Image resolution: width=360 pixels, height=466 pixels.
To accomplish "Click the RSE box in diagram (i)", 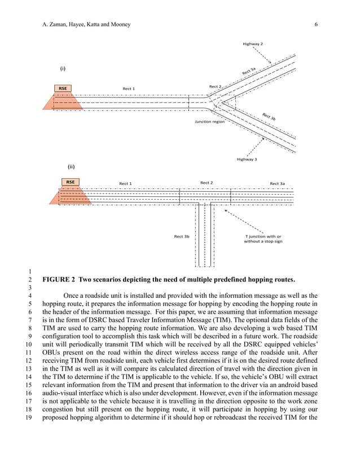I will point(63,89).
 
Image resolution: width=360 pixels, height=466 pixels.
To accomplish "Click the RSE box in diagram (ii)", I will point(70,182).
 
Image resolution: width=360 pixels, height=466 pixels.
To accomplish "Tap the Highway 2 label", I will point(252,43).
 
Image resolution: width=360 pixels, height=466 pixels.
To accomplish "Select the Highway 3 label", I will point(247,160).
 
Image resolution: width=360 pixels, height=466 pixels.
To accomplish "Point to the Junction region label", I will point(209,121).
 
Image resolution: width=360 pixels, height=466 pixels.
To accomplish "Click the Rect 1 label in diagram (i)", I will point(129,89).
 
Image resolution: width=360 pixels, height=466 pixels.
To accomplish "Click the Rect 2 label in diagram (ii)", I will point(207,183).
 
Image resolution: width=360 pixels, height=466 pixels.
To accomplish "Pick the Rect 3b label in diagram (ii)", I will point(181,236).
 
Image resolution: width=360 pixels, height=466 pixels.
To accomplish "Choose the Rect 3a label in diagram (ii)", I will point(277,183).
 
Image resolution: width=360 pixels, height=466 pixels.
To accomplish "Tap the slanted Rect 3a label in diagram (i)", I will point(249,71).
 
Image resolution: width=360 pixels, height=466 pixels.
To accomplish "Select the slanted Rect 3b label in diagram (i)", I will point(269,117).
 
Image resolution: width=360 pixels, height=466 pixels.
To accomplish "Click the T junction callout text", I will point(263,239).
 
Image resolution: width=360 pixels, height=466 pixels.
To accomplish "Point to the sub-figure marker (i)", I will point(63,69).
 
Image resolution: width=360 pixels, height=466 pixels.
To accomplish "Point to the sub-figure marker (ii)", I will point(71,167).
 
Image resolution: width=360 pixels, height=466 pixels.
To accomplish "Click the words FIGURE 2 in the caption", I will point(59,280).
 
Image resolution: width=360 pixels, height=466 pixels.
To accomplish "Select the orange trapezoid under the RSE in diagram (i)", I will point(63,102).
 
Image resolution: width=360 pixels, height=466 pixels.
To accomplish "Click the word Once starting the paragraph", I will point(72,296).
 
